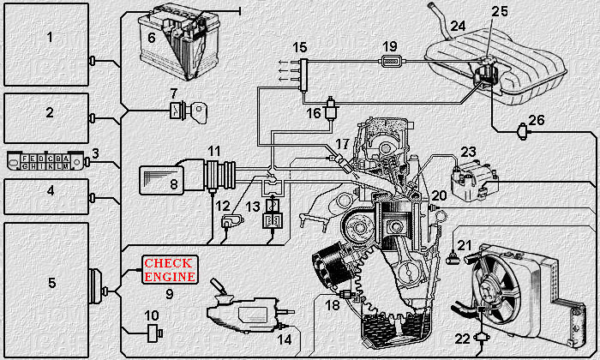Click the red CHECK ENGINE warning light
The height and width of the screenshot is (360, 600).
[x=170, y=270]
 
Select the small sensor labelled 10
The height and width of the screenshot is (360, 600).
[x=154, y=332]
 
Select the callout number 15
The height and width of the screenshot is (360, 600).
[x=299, y=46]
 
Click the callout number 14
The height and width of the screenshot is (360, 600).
[x=284, y=339]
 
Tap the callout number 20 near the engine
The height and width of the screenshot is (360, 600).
[x=439, y=195]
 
